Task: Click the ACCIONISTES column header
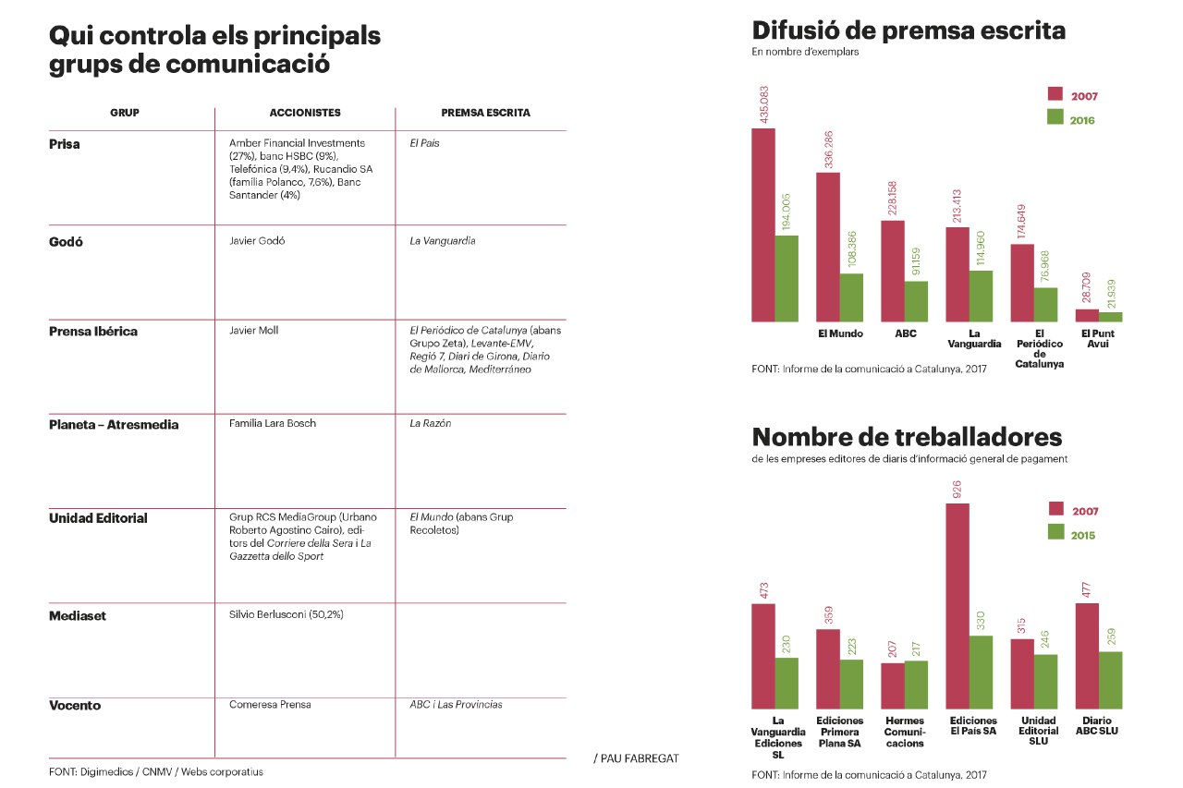tap(304, 113)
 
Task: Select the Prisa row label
tap(65, 144)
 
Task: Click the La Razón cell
tap(430, 423)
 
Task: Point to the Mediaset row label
tap(77, 615)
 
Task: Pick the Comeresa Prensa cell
tap(270, 705)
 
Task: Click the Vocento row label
tap(75, 706)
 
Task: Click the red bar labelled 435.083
tap(763, 224)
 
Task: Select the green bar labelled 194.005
tap(787, 278)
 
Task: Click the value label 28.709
tap(1087, 288)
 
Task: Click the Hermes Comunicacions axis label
tap(904, 732)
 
